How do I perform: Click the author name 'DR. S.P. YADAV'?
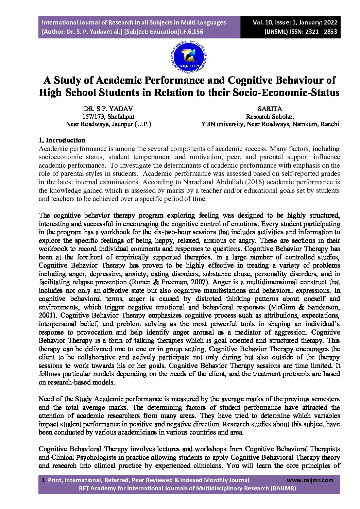[x=108, y=109]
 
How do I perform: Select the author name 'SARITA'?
[x=270, y=109]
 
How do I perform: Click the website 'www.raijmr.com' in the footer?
[x=310, y=480]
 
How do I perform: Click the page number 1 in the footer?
[x=43, y=480]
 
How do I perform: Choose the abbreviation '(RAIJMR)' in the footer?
[x=283, y=488]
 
